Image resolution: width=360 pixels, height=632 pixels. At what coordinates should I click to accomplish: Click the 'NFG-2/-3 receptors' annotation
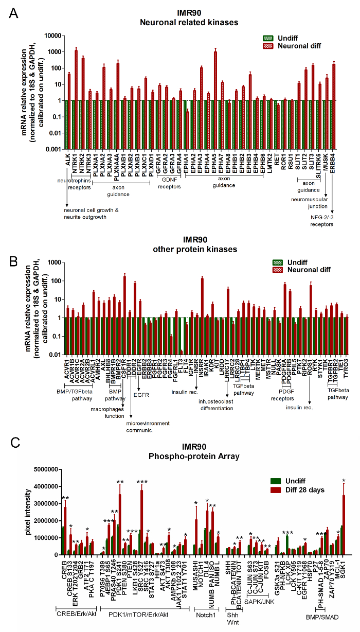tap(334, 221)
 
